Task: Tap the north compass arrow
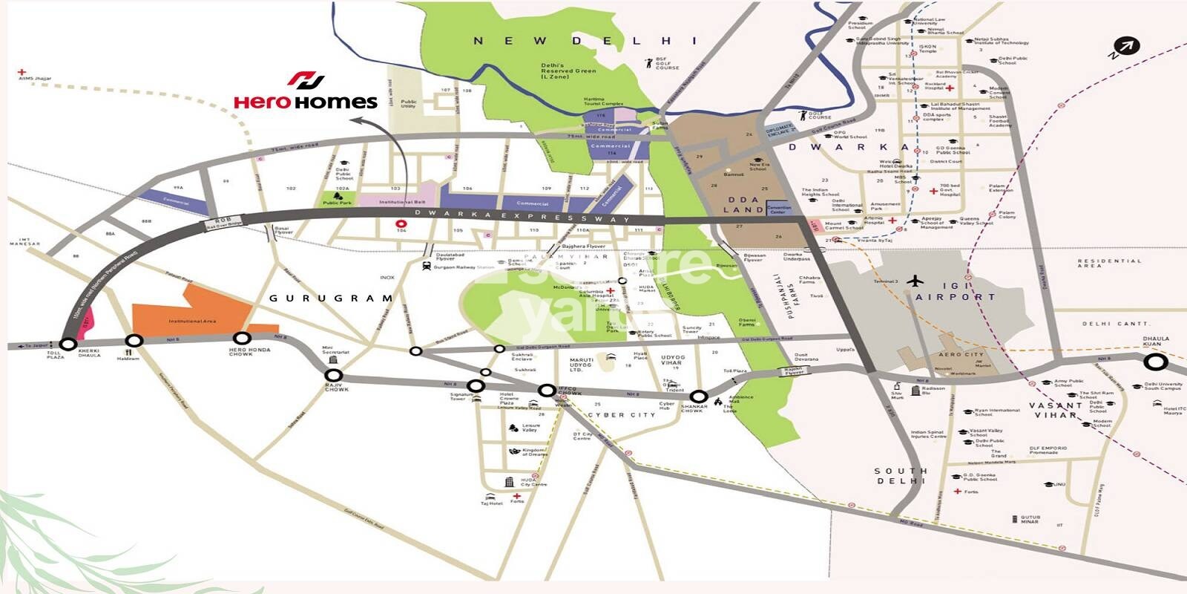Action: click(x=1124, y=48)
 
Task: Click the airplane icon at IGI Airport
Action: click(x=917, y=281)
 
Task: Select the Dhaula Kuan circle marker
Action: click(x=1155, y=362)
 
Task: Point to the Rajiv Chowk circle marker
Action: click(x=334, y=376)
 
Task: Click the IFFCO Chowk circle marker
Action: click(x=547, y=390)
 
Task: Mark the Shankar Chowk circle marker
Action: click(x=698, y=396)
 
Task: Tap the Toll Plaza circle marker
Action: click(x=68, y=345)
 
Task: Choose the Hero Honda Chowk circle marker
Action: click(x=241, y=339)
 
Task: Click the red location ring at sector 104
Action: click(x=401, y=223)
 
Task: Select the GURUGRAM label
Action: click(x=331, y=298)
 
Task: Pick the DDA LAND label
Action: click(x=743, y=205)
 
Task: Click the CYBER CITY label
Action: click(x=622, y=415)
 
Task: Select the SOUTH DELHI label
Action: click(x=901, y=476)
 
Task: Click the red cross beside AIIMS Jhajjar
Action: click(x=22, y=73)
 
